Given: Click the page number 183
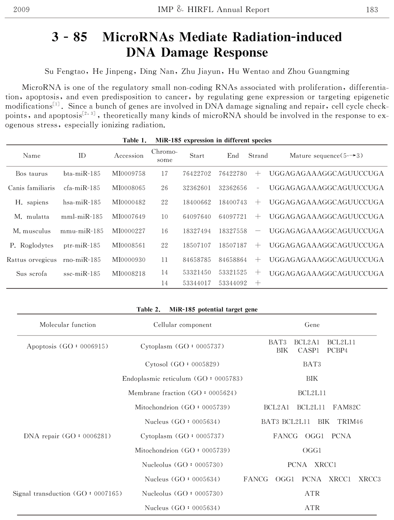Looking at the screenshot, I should point(372,10).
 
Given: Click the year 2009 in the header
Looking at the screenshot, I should point(22,10).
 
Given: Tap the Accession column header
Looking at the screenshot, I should point(129,156).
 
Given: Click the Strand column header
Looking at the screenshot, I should point(258,156).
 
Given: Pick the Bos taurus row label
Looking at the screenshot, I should point(32,174).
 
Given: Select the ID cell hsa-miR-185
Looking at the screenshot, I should point(82,202).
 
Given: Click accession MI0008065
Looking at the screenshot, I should point(129,188).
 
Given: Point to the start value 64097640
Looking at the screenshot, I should point(197,217).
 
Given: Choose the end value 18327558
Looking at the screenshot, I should point(233,231).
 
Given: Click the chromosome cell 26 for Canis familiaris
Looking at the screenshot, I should point(164,188).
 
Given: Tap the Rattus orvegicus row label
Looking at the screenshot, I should point(32,260).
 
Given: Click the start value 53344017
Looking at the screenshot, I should point(197,283).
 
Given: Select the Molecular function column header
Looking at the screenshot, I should point(68,325).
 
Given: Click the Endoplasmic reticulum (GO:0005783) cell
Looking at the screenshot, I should point(182,379).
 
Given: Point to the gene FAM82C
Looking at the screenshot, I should point(347,407).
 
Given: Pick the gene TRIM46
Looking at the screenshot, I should point(350,422).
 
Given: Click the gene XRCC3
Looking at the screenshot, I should point(370,479).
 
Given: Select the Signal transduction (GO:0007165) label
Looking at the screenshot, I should point(67,493).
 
